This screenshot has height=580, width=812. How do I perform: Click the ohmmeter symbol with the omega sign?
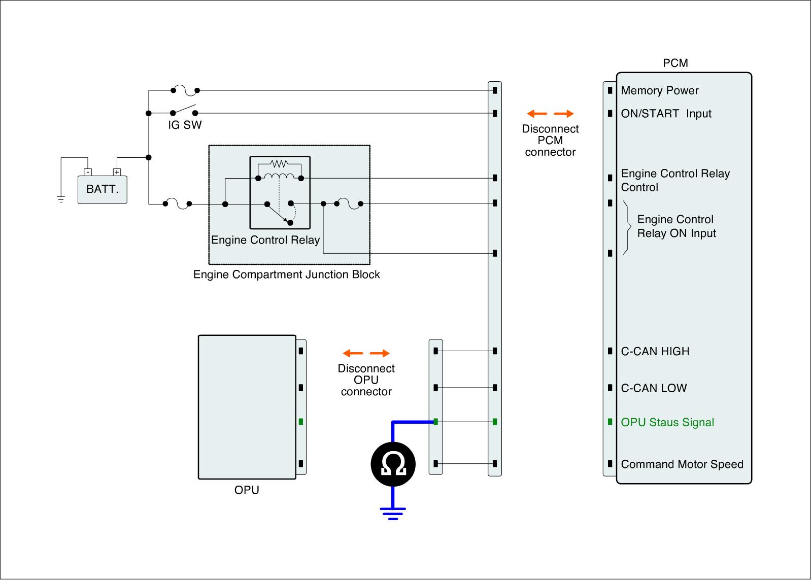pyautogui.click(x=393, y=464)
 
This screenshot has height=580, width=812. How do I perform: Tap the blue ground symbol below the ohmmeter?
pyautogui.click(x=393, y=513)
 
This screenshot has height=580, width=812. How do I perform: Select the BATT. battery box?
pyautogui.click(x=102, y=189)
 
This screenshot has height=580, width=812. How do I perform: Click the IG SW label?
pyautogui.click(x=185, y=125)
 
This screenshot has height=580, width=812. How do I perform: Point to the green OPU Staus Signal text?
pyautogui.click(x=667, y=422)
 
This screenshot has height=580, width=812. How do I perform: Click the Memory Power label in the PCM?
pyautogui.click(x=660, y=91)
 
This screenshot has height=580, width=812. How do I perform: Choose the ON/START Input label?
pyautogui.click(x=666, y=114)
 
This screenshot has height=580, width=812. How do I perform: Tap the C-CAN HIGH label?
pyautogui.click(x=655, y=351)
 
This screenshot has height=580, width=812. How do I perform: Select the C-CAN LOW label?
pyautogui.click(x=654, y=388)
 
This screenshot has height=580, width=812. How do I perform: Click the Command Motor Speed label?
pyautogui.click(x=682, y=464)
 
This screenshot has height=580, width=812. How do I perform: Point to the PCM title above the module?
pyautogui.click(x=675, y=63)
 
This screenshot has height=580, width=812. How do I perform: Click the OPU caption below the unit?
pyautogui.click(x=247, y=490)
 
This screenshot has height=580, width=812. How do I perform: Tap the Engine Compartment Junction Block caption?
pyautogui.click(x=286, y=275)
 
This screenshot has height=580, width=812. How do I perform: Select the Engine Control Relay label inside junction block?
pyautogui.click(x=265, y=240)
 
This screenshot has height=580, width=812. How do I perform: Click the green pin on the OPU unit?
pyautogui.click(x=301, y=422)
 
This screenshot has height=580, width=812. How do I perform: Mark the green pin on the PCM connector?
pyautogui.click(x=610, y=422)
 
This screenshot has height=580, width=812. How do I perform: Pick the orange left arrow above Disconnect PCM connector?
pyautogui.click(x=536, y=114)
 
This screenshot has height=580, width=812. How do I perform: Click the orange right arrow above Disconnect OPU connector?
pyautogui.click(x=380, y=353)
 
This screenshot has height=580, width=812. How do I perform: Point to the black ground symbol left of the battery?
pyautogui.click(x=61, y=199)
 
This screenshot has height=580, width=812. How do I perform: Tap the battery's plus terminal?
pyautogui.click(x=117, y=172)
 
